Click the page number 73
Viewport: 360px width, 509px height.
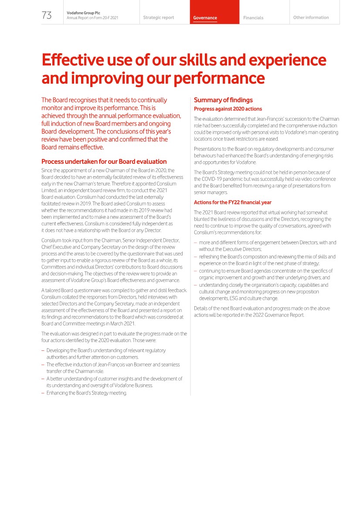tap(47, 16)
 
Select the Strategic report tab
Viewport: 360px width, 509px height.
tap(158, 18)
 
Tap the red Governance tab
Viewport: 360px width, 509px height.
tap(205, 18)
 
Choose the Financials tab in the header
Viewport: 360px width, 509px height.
tap(253, 18)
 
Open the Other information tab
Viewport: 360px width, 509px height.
tap(311, 18)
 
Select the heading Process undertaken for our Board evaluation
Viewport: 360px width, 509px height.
tap(104, 162)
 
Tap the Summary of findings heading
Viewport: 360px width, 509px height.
tap(223, 100)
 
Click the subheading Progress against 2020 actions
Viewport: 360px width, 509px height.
tap(228, 109)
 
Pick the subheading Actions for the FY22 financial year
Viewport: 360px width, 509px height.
tap(233, 202)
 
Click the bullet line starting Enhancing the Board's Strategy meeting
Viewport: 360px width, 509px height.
tap(86, 393)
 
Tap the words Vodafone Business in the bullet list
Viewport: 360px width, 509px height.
tap(133, 386)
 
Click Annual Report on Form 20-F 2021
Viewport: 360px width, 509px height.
tap(92, 18)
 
